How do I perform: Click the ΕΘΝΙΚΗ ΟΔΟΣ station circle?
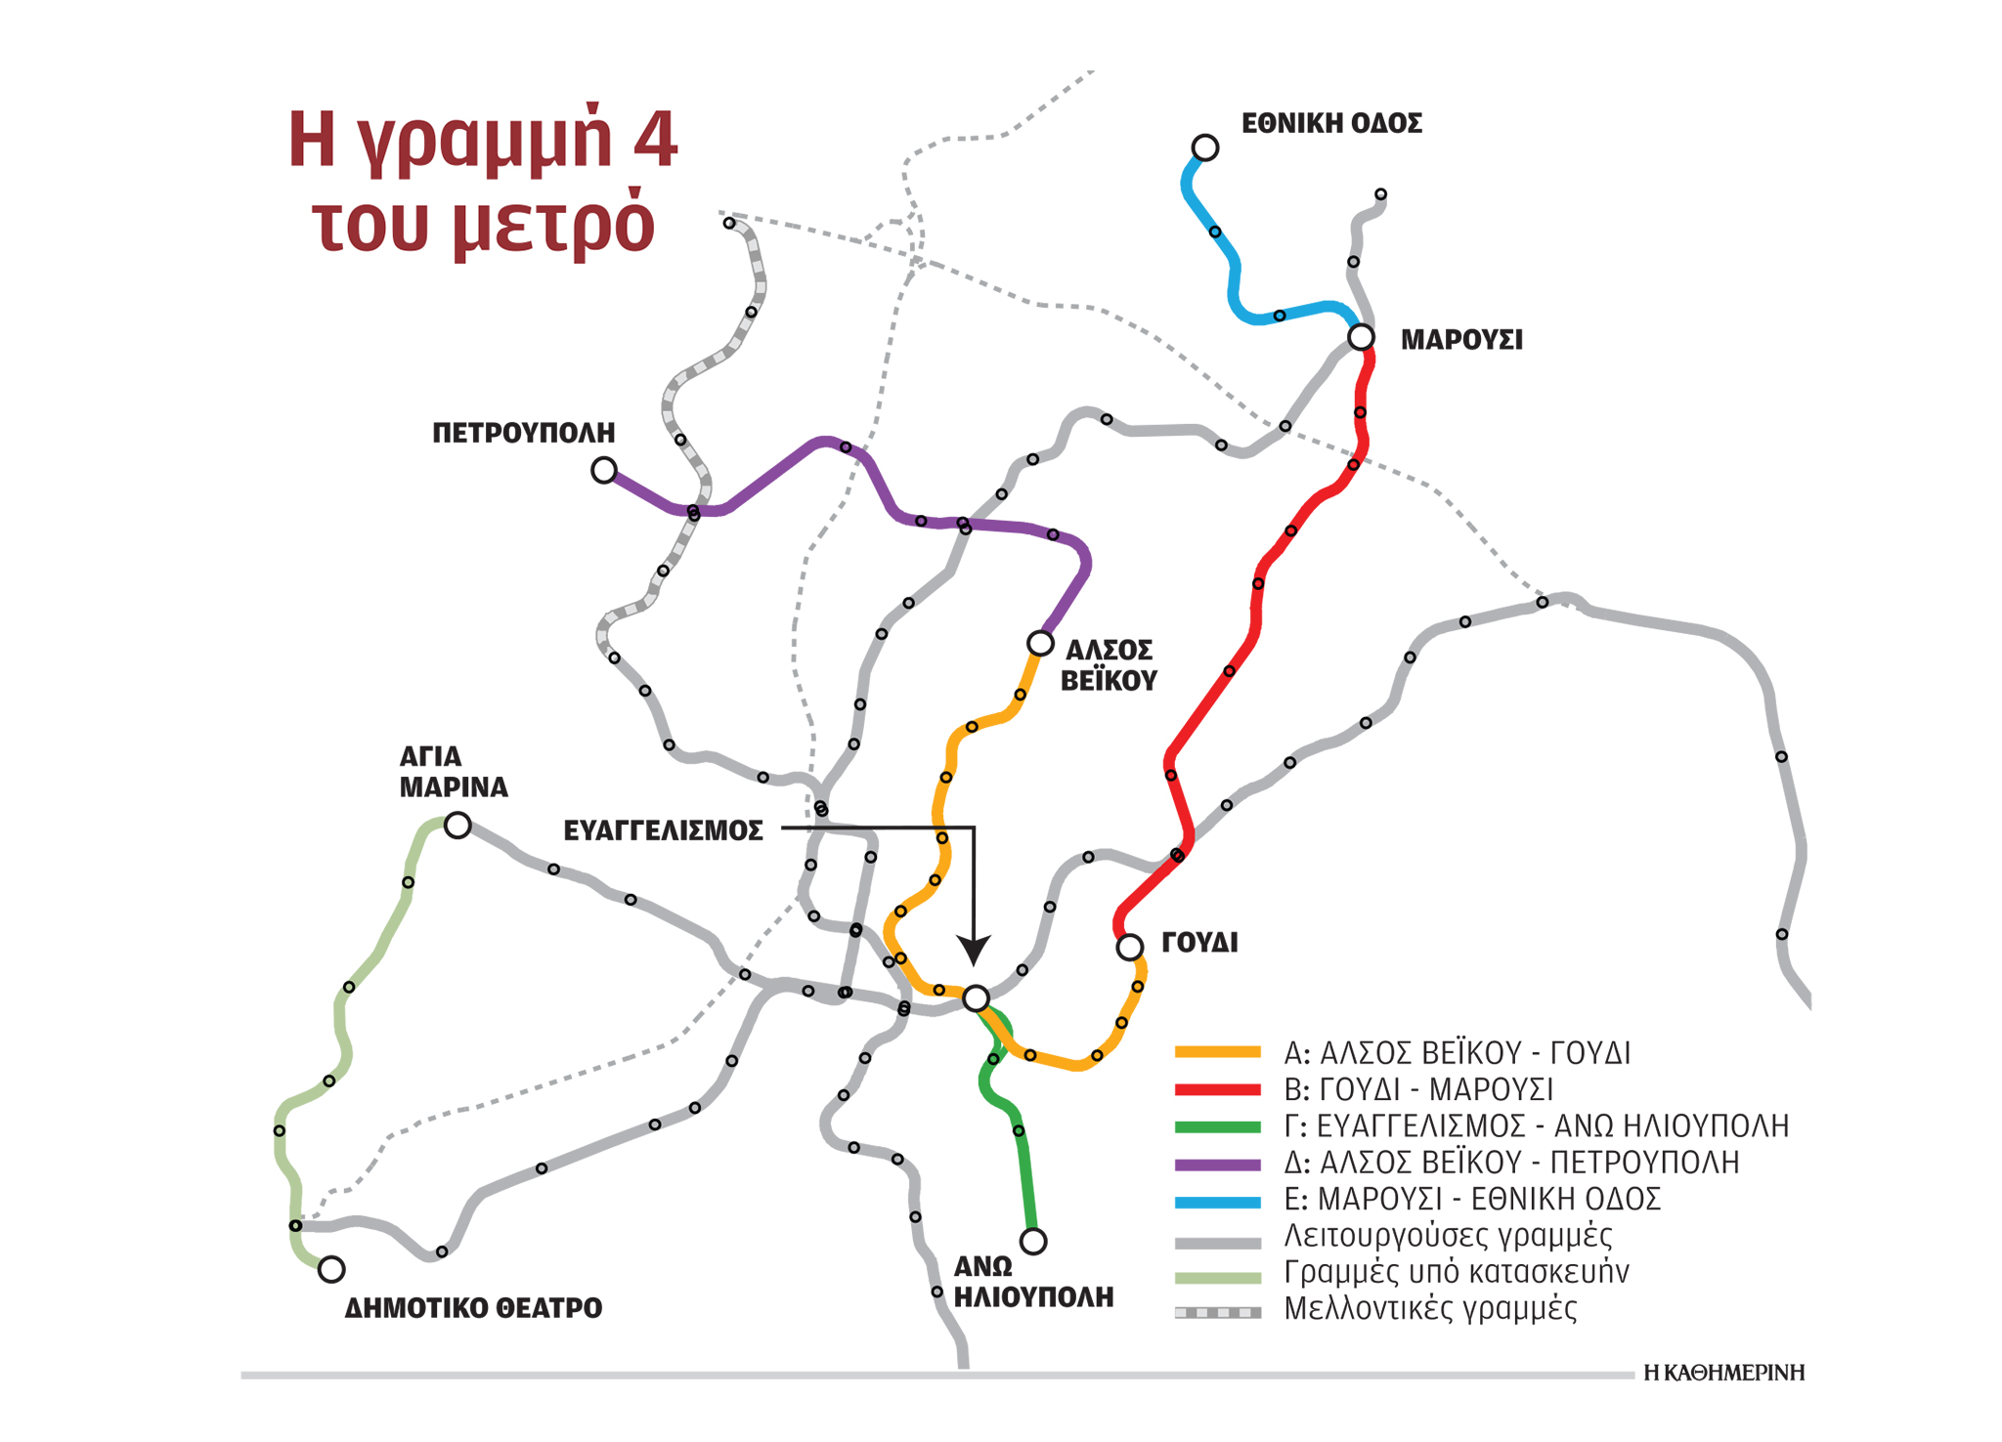pos(1204,148)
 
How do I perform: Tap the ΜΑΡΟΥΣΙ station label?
pos(1460,340)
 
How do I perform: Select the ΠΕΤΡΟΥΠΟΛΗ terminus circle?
pos(604,471)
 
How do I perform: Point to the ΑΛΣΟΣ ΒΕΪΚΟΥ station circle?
pos(1040,643)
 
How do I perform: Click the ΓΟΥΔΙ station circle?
pos(1129,947)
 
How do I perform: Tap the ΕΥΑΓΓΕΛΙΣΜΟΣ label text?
pos(663,830)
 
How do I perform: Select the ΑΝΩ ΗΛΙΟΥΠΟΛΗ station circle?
pos(1033,1241)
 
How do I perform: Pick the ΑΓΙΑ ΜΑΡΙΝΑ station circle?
pos(457,826)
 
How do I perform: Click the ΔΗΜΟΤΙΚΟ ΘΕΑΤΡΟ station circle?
pos(331,1269)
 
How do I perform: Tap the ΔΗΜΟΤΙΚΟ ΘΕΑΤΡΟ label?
pos(473,1308)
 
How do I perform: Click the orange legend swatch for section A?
pos(1217,1052)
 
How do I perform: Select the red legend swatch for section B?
pos(1217,1089)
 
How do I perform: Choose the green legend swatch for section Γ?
pos(1217,1126)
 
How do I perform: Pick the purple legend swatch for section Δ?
pos(1217,1164)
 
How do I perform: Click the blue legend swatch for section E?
pos(1217,1201)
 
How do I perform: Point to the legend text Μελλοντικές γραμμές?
pos(1429,1308)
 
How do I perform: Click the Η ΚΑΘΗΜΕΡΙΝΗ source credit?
pos(1723,1373)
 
